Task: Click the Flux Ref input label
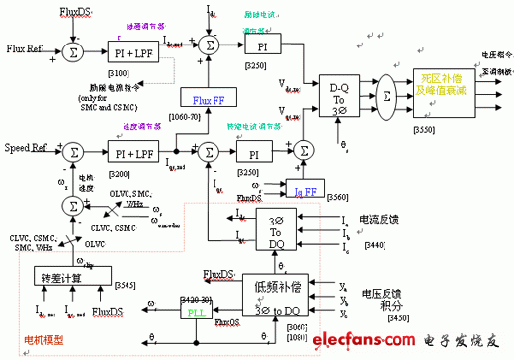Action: point(25,47)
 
